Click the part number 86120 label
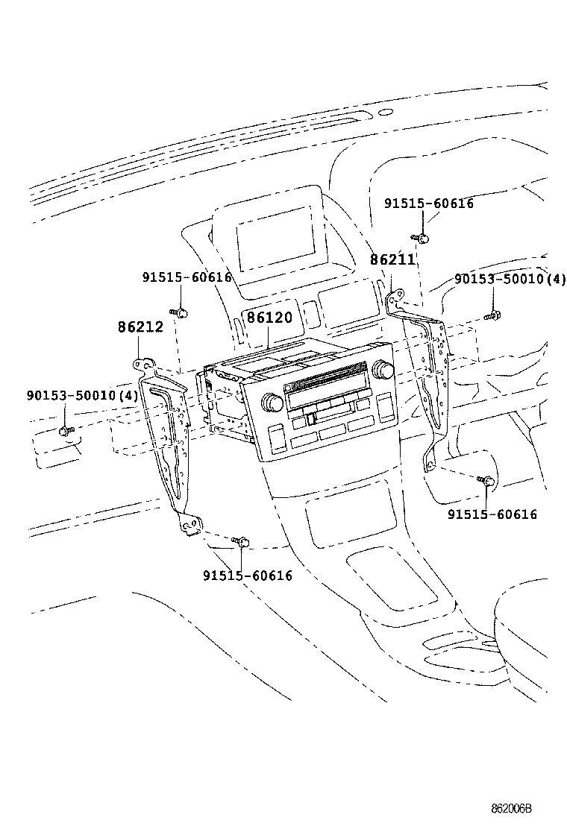[269, 318]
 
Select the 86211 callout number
[392, 260]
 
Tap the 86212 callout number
[140, 327]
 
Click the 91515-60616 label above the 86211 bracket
[429, 203]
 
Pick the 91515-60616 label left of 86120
[187, 277]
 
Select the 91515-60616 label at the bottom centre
[247, 576]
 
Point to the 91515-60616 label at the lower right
[492, 514]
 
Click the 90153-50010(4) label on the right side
[510, 279]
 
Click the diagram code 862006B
[514, 808]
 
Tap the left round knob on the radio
[270, 403]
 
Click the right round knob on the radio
[385, 369]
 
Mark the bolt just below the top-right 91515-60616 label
[422, 238]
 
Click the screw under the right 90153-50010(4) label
[492, 316]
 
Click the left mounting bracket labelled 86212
[169, 440]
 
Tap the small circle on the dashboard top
[385, 113]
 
